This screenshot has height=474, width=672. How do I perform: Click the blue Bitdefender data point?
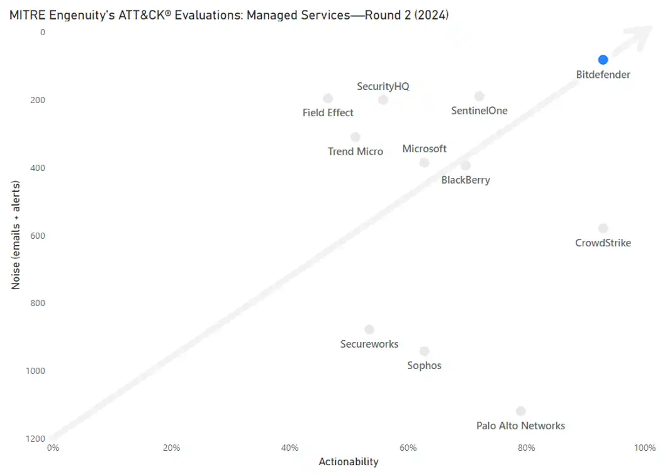[603, 60]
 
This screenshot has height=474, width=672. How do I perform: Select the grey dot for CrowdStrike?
[603, 228]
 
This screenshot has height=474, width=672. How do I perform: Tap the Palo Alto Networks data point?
[521, 411]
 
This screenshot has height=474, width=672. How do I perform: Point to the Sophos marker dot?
[424, 351]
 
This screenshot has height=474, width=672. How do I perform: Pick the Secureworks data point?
[369, 329]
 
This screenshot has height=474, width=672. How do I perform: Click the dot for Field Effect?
[328, 99]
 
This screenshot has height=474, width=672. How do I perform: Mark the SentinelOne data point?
[479, 96]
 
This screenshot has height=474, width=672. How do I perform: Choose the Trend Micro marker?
[356, 137]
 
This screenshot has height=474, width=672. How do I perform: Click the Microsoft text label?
[424, 148]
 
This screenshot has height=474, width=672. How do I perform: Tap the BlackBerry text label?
[466, 180]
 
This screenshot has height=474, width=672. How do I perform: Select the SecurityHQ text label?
[383, 87]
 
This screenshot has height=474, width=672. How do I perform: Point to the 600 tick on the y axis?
[38, 236]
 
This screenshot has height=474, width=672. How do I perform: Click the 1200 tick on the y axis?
[35, 439]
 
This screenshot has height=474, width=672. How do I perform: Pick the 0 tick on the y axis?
[42, 33]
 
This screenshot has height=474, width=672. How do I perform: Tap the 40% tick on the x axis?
[289, 448]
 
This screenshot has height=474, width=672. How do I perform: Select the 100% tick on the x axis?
[645, 448]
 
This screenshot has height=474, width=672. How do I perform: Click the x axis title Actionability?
[349, 461]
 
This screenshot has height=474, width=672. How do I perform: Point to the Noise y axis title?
[16, 235]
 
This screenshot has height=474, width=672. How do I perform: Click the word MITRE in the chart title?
[28, 16]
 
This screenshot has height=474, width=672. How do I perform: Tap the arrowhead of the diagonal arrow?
[641, 36]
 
